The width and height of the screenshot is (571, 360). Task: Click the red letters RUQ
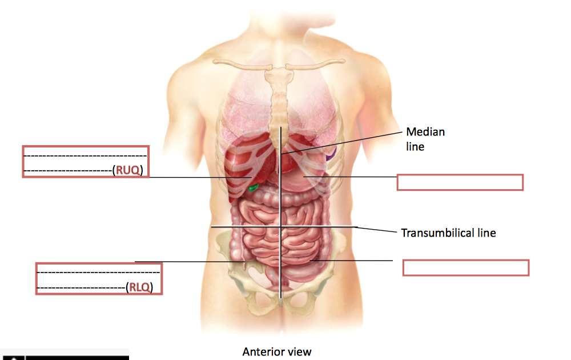[127, 170]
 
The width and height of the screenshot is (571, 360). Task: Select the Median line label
[425, 139]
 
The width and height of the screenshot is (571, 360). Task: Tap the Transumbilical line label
[448, 233]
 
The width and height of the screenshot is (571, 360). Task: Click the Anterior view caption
[277, 351]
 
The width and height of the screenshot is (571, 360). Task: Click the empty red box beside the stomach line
[460, 182]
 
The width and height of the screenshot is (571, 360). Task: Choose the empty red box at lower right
[465, 267]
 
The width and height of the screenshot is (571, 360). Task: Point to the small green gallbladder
[253, 187]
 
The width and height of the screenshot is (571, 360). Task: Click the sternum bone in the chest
[279, 103]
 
